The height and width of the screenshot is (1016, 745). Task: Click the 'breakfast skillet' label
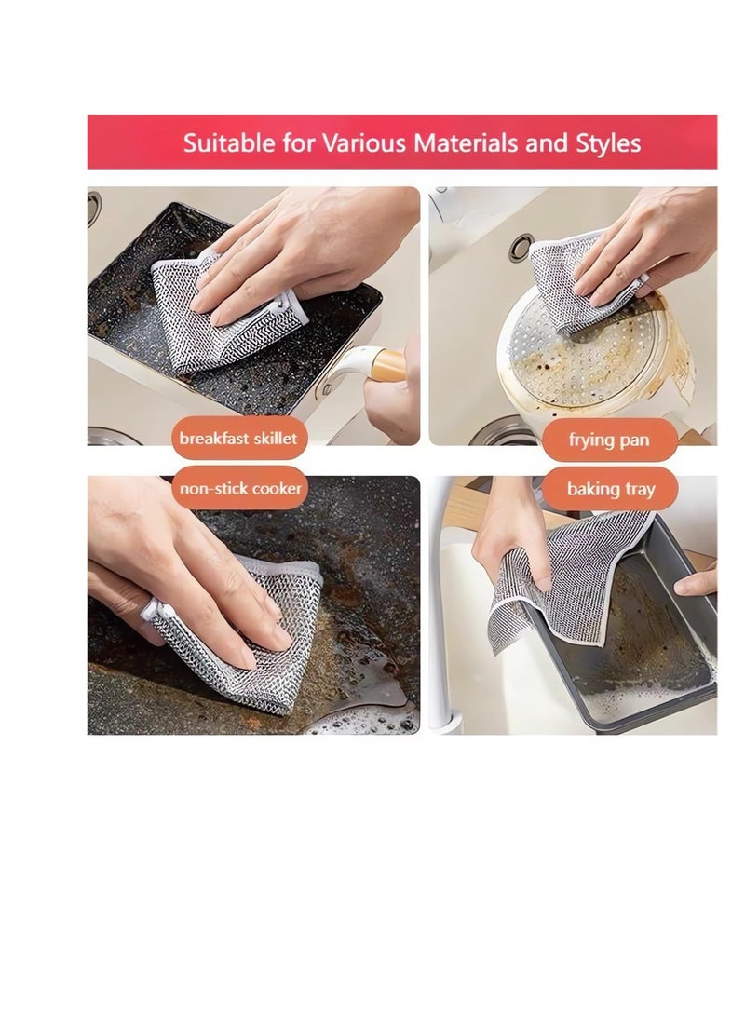[239, 439]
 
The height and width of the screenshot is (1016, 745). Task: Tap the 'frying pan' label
[609, 440]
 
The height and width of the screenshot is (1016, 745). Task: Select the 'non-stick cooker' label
[239, 488]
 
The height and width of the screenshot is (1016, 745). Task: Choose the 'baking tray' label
[611, 489]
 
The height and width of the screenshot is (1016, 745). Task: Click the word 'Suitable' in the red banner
[222, 143]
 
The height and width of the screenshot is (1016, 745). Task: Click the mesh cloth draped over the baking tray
[559, 568]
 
